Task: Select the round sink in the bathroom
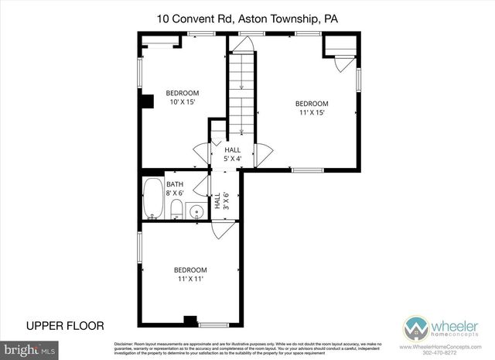tap(196, 209)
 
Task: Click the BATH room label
tap(175, 184)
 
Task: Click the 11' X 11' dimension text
tap(190, 279)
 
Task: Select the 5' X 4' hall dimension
tap(233, 159)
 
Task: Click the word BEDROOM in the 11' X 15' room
tap(312, 104)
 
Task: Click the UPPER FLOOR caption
tap(65, 325)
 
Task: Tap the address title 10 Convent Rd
tap(247, 17)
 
